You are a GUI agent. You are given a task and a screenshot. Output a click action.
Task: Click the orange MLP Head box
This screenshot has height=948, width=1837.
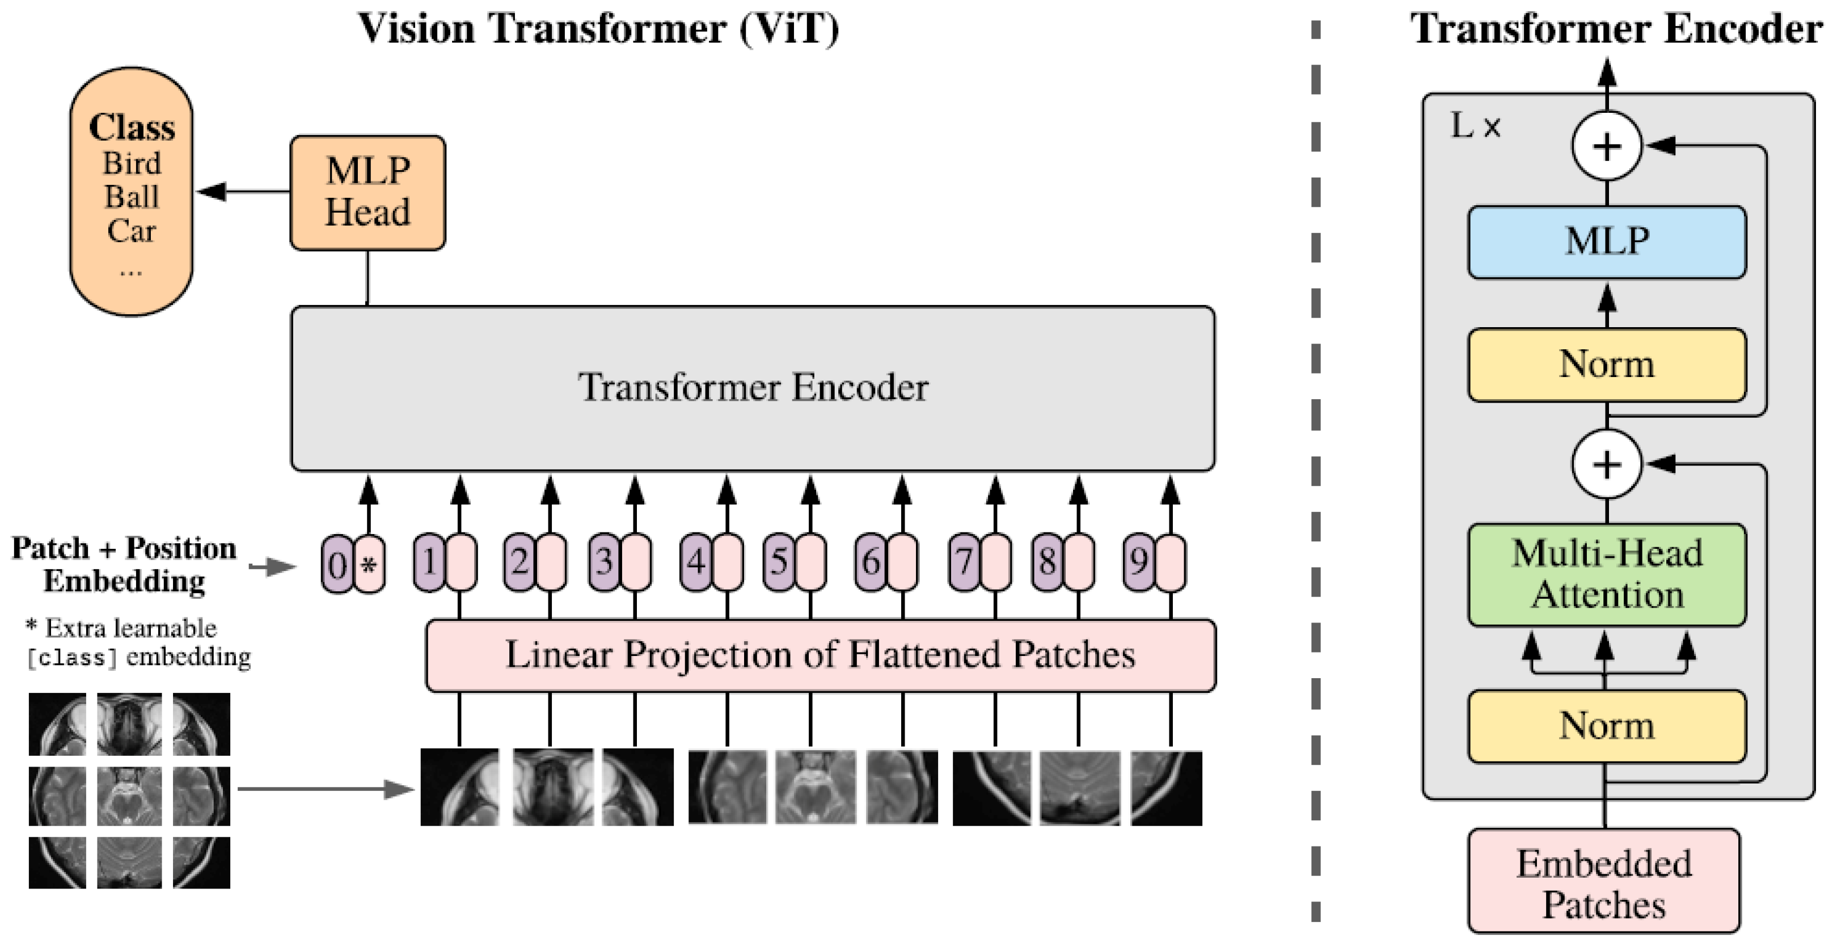[368, 192]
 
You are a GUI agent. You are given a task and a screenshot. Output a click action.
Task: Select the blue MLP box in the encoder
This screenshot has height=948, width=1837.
[1607, 242]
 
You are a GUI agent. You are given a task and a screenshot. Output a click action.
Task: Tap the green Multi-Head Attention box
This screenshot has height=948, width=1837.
[1607, 574]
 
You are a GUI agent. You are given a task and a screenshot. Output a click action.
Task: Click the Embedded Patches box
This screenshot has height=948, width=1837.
[1603, 882]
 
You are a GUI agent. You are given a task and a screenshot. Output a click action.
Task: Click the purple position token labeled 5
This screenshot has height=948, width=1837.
[779, 562]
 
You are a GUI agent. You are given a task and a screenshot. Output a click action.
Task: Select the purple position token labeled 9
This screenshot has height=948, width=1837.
[1139, 562]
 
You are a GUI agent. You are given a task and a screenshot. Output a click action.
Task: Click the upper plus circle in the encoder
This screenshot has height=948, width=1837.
[1607, 146]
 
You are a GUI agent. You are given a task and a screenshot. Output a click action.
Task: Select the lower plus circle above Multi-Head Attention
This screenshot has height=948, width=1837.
[1607, 464]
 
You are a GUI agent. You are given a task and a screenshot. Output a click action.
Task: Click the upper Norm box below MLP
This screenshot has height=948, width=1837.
[1607, 364]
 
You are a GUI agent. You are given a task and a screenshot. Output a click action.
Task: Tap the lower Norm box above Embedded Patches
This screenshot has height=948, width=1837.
[1607, 726]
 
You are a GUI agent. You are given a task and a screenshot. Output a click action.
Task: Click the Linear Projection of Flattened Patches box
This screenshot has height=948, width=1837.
[820, 655]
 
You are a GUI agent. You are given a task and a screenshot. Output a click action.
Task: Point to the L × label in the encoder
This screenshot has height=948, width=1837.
[1475, 127]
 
